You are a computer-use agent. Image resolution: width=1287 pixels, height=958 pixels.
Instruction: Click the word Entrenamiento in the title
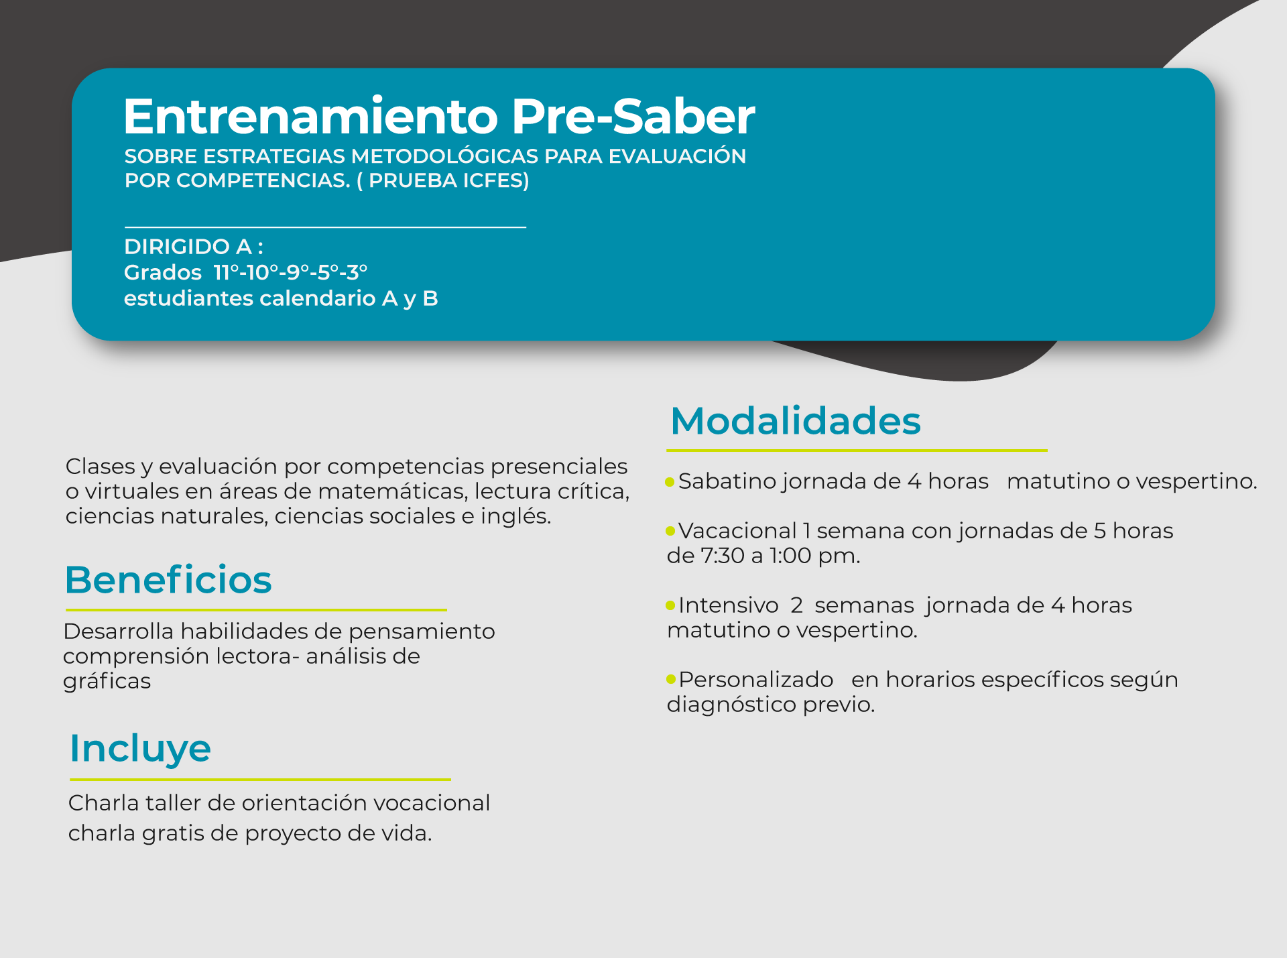311,117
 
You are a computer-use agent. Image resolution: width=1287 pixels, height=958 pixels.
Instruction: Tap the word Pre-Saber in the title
633,117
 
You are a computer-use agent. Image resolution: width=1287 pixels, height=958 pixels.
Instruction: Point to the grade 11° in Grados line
226,272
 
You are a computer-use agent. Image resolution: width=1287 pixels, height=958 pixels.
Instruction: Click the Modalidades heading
796,421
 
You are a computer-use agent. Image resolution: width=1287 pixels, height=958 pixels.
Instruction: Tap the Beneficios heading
168,580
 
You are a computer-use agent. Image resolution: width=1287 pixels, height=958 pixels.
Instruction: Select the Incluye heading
140,749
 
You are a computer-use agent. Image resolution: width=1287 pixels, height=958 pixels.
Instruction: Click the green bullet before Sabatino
670,482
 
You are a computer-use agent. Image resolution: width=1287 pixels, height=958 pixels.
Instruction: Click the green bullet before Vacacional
670,532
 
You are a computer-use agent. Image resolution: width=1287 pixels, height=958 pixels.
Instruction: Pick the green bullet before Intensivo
670,606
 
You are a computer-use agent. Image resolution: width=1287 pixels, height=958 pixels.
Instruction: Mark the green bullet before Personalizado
670,680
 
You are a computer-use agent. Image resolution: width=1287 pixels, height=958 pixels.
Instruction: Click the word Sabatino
727,481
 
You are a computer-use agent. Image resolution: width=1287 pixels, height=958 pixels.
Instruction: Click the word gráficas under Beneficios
107,682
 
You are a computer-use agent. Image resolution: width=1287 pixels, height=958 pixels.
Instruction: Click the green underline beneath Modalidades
857,451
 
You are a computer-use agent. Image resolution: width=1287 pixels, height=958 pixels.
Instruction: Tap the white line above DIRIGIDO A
325,227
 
